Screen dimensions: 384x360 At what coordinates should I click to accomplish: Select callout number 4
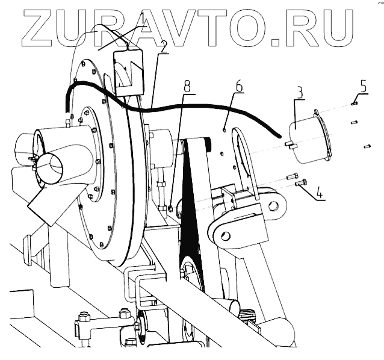(x=320, y=194)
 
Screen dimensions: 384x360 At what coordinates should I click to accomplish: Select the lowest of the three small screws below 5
(x=367, y=146)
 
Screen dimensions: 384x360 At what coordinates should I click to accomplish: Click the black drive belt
(x=192, y=199)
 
